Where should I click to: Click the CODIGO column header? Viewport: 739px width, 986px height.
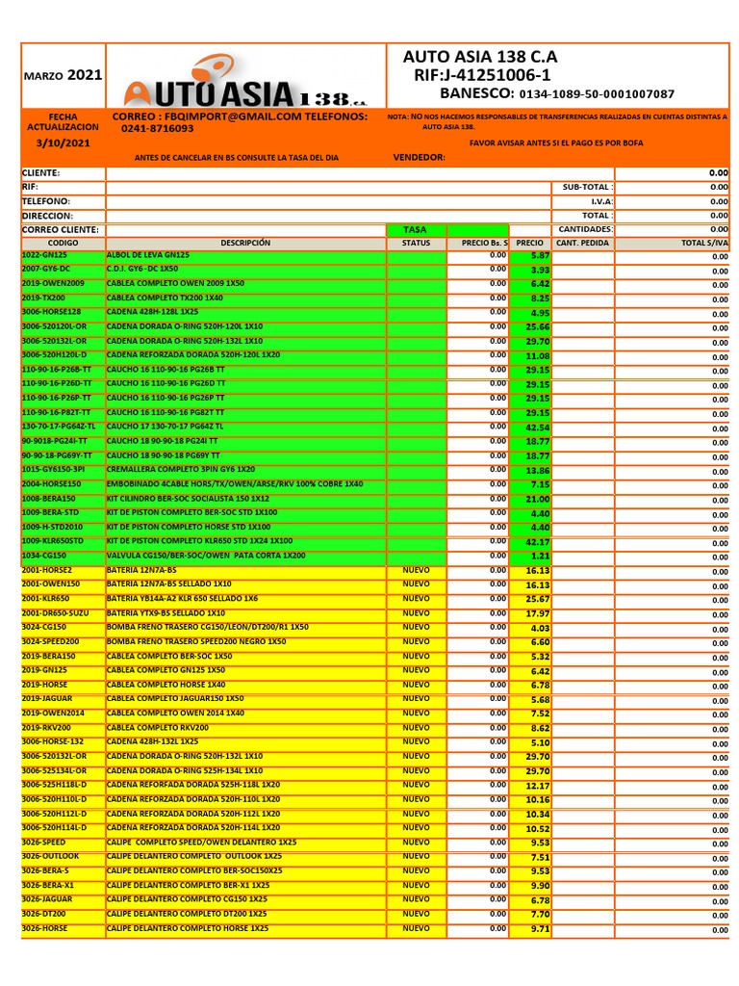63,244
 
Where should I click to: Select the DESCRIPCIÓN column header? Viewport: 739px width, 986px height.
245,244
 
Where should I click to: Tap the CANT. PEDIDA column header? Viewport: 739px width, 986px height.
582,244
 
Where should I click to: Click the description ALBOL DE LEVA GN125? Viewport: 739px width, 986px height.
148,255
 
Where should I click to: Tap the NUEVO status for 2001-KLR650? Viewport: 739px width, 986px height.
416,599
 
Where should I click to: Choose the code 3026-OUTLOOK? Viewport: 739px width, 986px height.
50,856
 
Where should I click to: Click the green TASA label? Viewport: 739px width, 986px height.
415,230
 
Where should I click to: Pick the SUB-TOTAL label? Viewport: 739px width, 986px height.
585,187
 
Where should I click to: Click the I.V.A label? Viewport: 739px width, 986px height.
597,201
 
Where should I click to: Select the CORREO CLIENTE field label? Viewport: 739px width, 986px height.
60,230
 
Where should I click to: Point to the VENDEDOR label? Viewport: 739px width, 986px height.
419,157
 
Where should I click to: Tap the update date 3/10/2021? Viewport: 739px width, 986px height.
63,143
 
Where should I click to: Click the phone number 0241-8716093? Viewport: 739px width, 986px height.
157,128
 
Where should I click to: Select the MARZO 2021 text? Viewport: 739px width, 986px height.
63,74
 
